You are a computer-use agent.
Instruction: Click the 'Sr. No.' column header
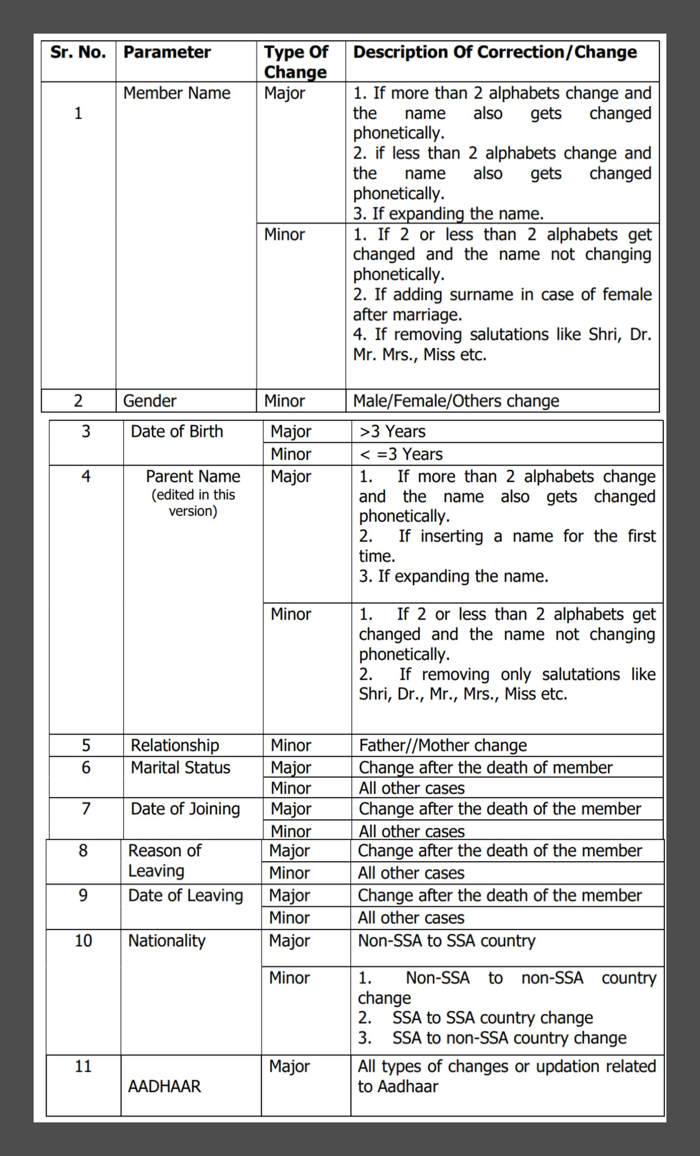click(x=78, y=53)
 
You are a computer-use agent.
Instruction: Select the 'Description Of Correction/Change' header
click(x=495, y=53)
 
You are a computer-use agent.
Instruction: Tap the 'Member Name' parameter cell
click(x=177, y=93)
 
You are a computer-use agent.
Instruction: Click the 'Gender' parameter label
click(x=150, y=401)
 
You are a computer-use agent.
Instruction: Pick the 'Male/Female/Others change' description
click(x=456, y=401)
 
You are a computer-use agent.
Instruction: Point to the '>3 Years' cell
click(x=393, y=432)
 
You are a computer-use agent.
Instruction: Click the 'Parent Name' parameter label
click(x=193, y=476)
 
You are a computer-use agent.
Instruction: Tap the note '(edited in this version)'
click(x=193, y=503)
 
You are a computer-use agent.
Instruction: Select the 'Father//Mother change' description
click(x=443, y=745)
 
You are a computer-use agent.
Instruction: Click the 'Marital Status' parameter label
click(x=181, y=767)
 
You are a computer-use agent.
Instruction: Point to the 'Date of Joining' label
click(x=185, y=808)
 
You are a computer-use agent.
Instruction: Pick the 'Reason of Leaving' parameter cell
click(x=164, y=860)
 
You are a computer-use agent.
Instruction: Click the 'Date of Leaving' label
click(x=185, y=895)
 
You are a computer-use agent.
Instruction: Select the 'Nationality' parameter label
click(x=167, y=940)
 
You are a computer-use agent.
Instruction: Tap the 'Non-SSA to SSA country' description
click(x=447, y=940)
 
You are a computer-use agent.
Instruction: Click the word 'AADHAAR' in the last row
click(x=164, y=1086)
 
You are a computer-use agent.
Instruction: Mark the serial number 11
click(x=83, y=1066)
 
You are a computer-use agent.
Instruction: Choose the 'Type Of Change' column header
click(x=296, y=62)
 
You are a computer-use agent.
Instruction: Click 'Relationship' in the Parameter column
click(x=175, y=745)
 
